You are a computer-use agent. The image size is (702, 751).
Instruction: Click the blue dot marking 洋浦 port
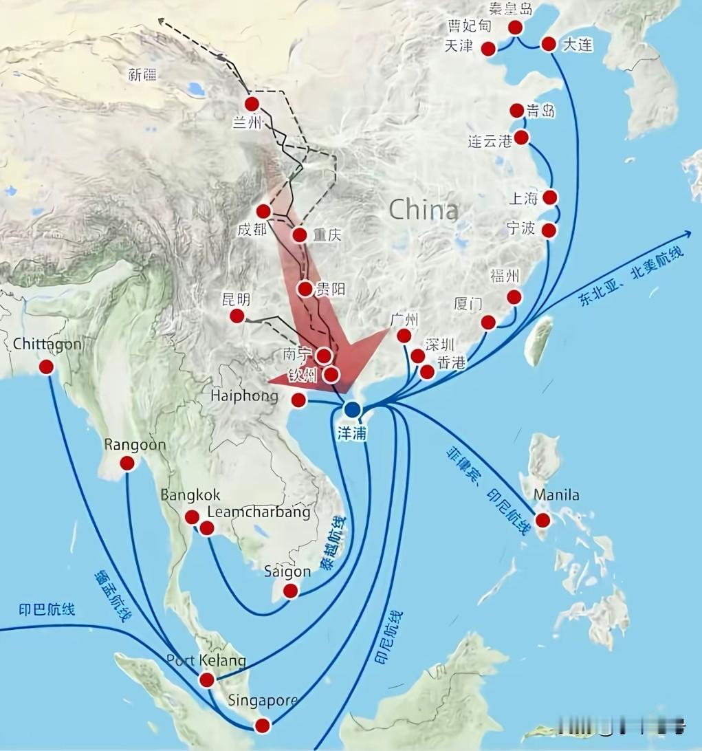353,410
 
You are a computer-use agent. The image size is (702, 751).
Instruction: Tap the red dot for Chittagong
46,367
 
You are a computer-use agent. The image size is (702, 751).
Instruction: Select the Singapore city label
263,701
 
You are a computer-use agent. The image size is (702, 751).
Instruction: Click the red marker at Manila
543,520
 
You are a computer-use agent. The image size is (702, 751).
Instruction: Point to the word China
423,210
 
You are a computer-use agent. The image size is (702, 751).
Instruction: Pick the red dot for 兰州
252,104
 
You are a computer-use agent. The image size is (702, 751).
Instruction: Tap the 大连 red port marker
549,44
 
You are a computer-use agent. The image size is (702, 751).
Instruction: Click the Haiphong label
245,396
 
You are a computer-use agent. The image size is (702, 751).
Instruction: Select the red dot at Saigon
291,591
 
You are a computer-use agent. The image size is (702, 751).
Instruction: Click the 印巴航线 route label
47,609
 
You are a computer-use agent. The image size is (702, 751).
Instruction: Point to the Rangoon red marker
127,464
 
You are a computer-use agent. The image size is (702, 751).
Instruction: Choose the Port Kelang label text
206,661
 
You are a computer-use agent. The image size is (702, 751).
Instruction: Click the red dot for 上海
550,197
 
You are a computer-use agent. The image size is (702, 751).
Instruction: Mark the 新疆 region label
142,75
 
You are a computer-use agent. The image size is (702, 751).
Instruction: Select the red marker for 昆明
237,316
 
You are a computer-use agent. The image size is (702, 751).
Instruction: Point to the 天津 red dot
488,48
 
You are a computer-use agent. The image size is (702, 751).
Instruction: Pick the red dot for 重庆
299,235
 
